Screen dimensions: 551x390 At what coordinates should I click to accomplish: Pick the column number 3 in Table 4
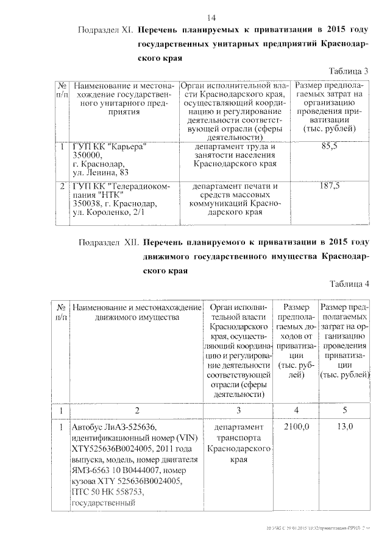[x=239, y=410]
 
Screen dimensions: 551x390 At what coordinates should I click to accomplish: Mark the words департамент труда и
[x=235, y=147]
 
